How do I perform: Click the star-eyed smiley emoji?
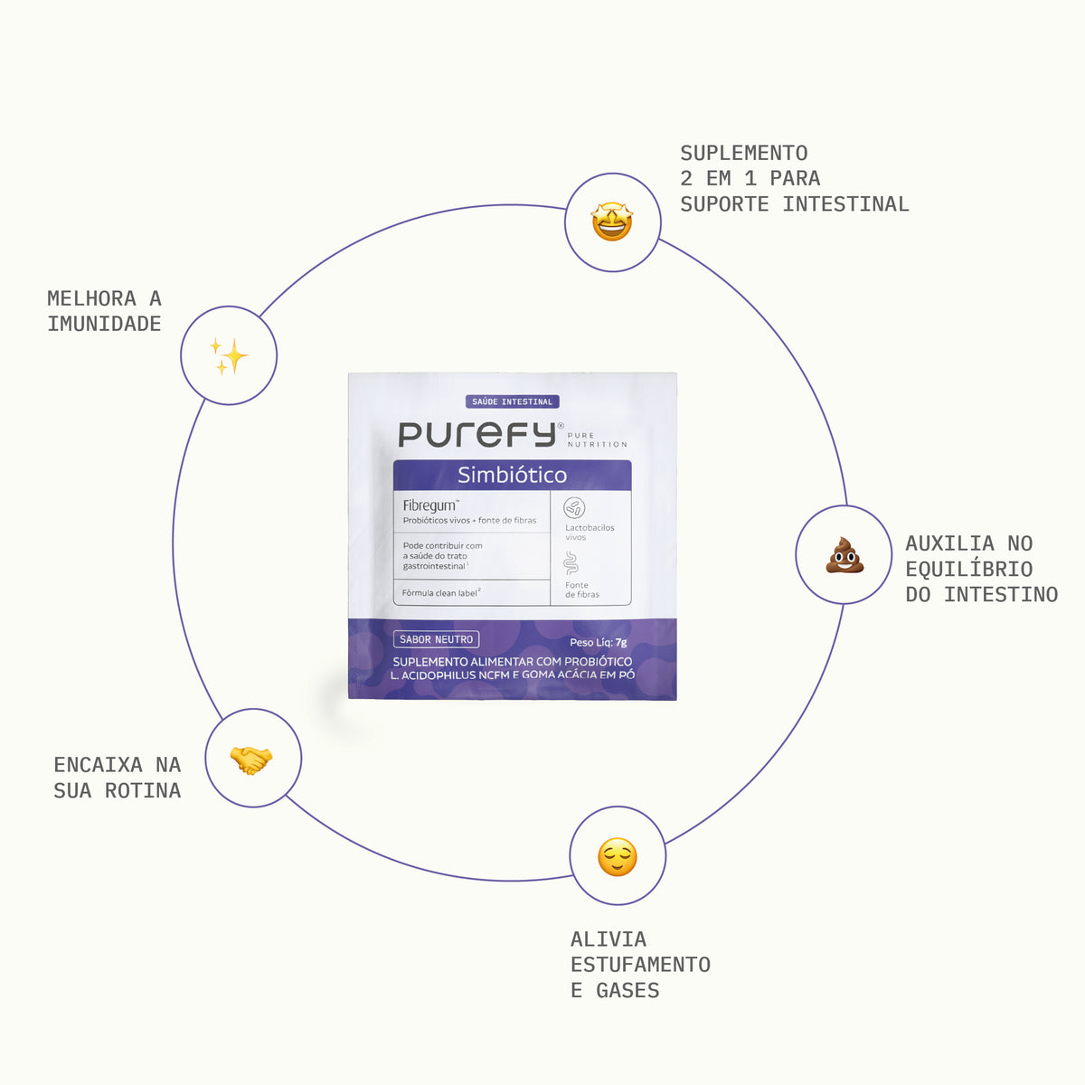coord(612,222)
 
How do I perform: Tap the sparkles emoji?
coord(229,356)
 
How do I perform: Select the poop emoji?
coord(844,555)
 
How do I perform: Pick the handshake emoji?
coord(251,759)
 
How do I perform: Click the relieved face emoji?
coord(618,857)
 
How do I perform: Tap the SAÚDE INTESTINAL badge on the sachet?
coord(513,401)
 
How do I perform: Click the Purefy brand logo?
coord(477,435)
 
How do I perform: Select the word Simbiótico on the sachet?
coord(512,476)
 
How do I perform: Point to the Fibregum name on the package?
coord(430,505)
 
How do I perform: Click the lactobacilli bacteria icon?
coord(574,508)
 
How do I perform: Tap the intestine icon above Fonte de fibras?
coord(571,563)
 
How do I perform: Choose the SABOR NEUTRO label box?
coord(437,639)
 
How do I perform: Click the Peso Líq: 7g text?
coord(598,642)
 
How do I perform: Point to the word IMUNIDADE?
coord(104,324)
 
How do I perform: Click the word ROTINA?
coord(143,790)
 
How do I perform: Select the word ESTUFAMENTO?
coord(640,965)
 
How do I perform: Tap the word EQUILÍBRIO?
coord(969,568)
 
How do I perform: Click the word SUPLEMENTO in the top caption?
coord(744,153)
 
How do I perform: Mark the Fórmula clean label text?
coord(441,592)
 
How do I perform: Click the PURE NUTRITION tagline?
coord(597,439)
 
